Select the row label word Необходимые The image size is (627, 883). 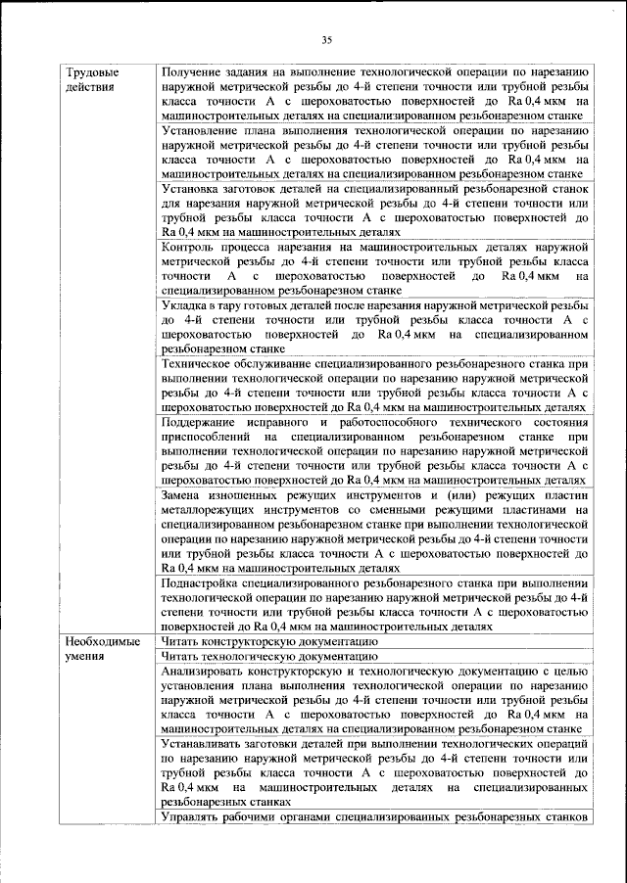tap(101, 641)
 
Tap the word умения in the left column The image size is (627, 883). tap(85, 656)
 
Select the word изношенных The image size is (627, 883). tap(248, 495)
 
